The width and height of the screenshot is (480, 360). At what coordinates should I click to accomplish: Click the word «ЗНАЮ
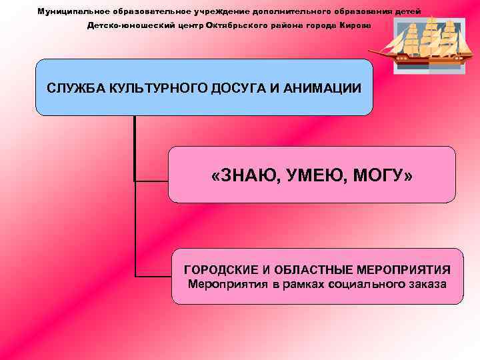239,176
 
